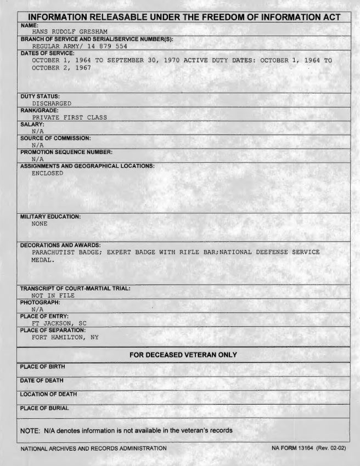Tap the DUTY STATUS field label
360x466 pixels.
(40, 96)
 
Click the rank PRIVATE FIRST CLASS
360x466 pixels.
(69, 117)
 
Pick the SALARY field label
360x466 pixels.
(32, 124)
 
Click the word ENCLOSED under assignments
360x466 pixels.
(47, 173)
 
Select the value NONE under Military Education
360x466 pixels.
(40, 224)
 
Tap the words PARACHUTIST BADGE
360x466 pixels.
(66, 252)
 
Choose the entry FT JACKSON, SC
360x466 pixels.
(59, 323)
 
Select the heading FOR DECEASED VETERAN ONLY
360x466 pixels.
(183, 355)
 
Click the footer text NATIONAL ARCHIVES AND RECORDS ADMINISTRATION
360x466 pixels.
(93, 448)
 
